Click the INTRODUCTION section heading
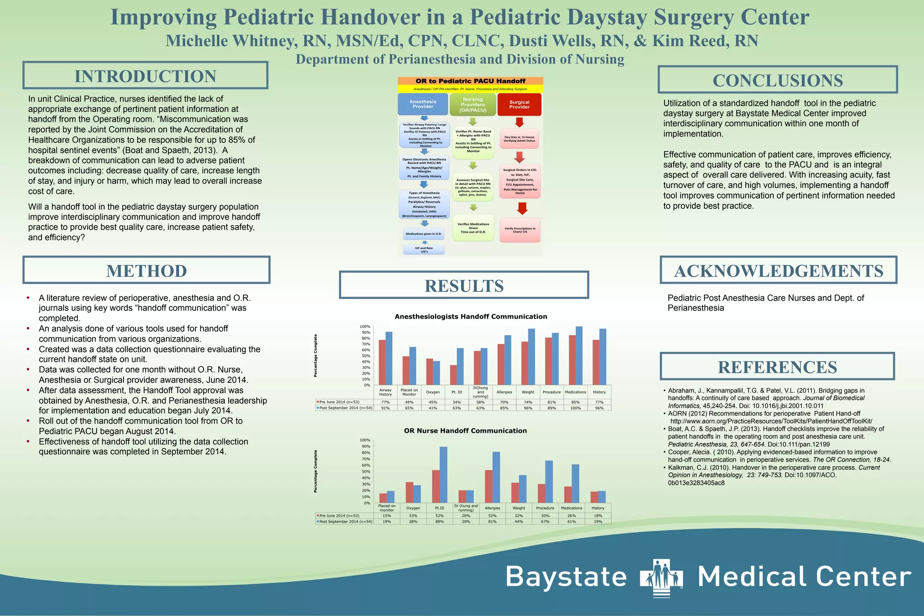coord(145,76)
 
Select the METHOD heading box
coord(146,270)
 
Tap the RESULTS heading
coord(464,285)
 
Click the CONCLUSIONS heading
coord(777,80)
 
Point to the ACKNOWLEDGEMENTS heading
coord(778,270)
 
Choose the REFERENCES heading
coord(777,366)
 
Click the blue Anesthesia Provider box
coord(423,104)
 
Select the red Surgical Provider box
coord(519,105)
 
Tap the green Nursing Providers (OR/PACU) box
coord(472,105)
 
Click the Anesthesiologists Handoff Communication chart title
coord(471,316)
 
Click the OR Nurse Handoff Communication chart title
coord(465,431)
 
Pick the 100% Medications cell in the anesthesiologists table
coord(575,408)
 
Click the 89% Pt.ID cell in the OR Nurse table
coord(439,522)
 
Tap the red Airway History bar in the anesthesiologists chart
coord(382,362)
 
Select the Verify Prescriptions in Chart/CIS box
coord(520,230)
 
